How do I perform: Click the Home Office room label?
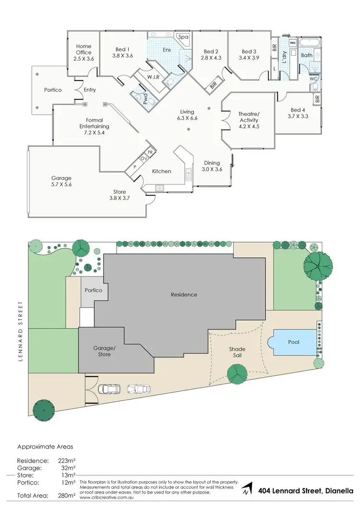(x=84, y=49)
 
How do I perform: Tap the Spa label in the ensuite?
(x=183, y=37)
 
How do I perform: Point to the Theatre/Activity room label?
(x=249, y=117)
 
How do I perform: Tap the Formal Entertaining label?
(x=95, y=123)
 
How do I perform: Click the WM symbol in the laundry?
(x=292, y=43)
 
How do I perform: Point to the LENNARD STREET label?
(x=20, y=331)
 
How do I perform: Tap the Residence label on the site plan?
(x=184, y=295)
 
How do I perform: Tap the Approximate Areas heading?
(x=45, y=446)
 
